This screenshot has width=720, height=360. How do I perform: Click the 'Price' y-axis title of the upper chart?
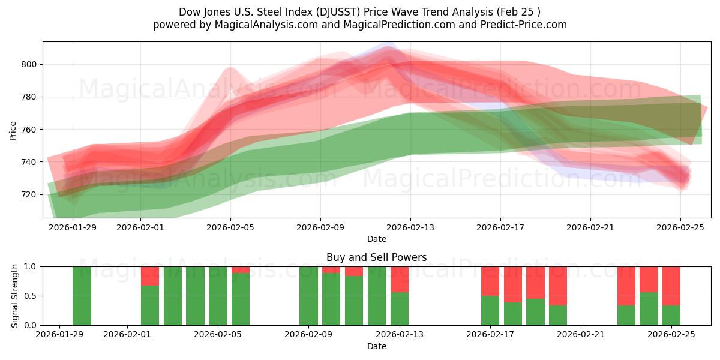[13, 130]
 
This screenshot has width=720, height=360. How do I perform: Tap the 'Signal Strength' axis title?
[15, 296]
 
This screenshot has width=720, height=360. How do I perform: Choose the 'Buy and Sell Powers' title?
[376, 257]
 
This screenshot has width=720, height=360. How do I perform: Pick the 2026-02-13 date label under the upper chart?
[410, 227]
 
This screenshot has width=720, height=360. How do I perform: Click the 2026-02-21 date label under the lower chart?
[581, 335]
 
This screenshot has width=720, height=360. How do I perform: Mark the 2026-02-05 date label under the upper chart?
[230, 227]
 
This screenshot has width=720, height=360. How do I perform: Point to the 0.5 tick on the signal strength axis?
[30, 296]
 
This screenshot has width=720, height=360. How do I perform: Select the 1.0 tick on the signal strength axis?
[30, 266]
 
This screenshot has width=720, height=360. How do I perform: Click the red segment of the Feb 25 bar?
[671, 286]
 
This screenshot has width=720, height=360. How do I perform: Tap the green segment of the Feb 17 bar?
[490, 310]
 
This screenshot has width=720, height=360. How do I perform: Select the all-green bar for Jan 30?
[82, 296]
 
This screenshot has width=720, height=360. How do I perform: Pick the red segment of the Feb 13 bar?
[400, 279]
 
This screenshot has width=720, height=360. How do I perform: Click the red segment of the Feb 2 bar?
[150, 275]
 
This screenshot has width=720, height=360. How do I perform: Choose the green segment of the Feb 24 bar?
[649, 308]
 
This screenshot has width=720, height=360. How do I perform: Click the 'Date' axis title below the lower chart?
[376, 346]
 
